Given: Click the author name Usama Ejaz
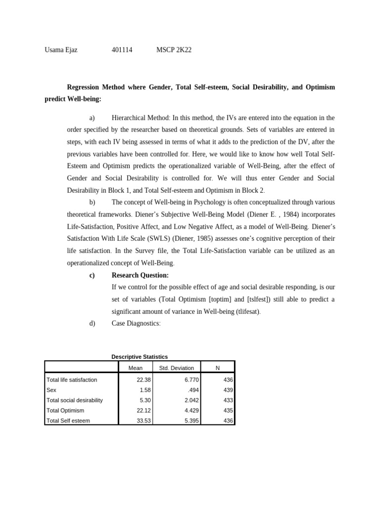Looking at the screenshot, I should (x=61, y=50).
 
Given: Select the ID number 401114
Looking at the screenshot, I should (x=123, y=50).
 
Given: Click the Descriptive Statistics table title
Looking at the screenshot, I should (x=140, y=357).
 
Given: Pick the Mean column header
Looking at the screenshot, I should (x=136, y=368).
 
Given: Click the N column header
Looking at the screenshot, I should (x=218, y=368).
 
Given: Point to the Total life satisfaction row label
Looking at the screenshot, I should (x=72, y=380).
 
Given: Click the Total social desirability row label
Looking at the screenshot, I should (x=74, y=400).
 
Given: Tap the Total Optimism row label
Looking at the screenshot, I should (x=65, y=411).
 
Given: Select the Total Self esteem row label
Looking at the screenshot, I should (x=68, y=421).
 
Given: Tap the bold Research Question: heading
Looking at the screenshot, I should (x=140, y=275).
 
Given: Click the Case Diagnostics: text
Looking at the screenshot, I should (x=136, y=324).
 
